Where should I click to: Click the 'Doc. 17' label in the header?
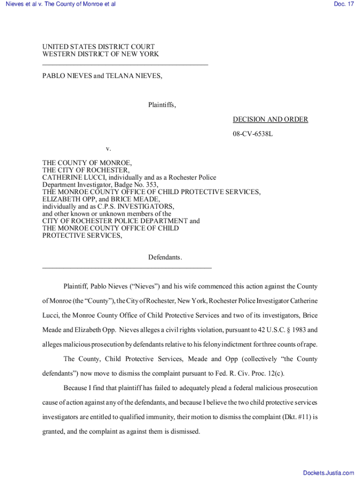[344, 4]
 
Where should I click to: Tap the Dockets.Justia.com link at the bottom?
[329, 473]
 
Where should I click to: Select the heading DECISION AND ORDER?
[270, 119]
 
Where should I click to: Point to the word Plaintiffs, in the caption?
[162, 105]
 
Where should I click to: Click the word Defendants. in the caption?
[165, 257]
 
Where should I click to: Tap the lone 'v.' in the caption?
[108, 149]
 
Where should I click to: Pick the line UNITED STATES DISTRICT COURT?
[98, 47]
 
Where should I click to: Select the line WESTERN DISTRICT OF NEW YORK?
[101, 54]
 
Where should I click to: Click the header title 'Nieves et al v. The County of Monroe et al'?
[59, 4]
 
